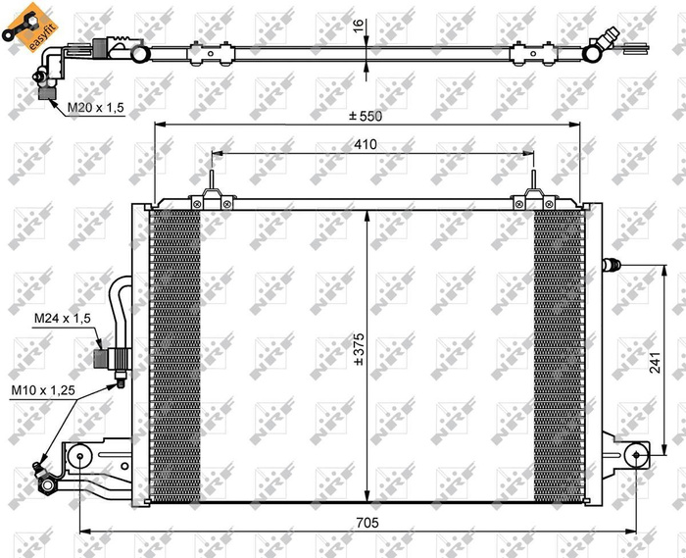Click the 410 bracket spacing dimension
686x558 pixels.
[x=367, y=144]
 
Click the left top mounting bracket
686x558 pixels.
[x=211, y=196]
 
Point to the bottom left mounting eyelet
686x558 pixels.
[x=80, y=455]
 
